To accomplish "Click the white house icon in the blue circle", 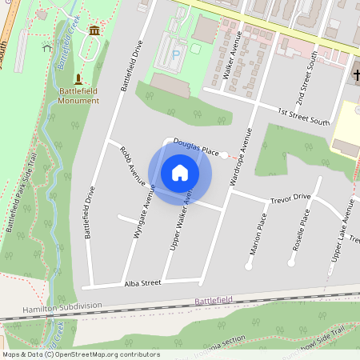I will point(180,172).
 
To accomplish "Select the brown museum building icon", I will point(95,30).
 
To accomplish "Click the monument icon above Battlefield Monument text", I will point(78,79).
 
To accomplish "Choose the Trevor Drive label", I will point(290,196).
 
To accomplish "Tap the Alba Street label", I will point(143,283).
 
